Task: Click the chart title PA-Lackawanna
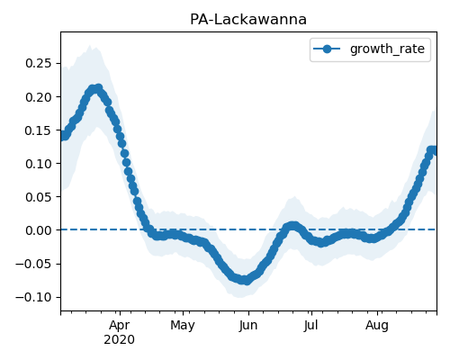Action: coord(248,20)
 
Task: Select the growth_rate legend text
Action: coord(387,49)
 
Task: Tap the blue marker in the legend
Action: coord(327,49)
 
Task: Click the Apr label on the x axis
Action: coord(120,326)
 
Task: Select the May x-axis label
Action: coord(183,326)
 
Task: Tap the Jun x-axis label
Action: coord(248,326)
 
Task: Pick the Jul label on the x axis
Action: coord(310,326)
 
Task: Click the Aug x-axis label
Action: coord(377,326)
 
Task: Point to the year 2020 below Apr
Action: coord(120,340)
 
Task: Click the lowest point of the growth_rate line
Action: coord(246,281)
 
